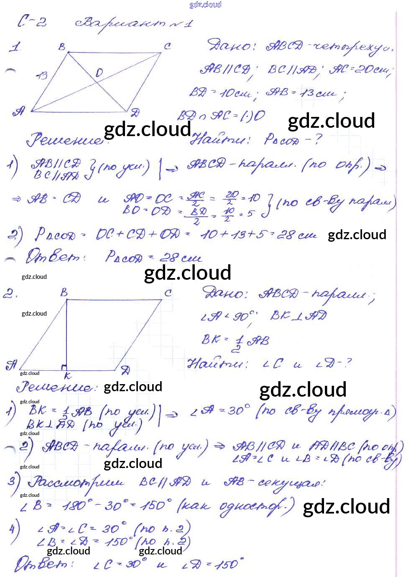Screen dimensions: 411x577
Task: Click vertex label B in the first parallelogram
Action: (x=62, y=47)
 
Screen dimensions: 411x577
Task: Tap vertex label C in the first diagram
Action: (x=167, y=46)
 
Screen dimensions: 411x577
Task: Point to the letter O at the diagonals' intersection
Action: (x=99, y=73)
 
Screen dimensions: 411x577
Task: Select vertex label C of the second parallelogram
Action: (x=168, y=293)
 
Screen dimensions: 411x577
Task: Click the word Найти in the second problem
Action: (x=217, y=364)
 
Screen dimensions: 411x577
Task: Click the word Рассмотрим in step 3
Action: (x=76, y=483)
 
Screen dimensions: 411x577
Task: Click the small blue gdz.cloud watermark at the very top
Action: (x=205, y=5)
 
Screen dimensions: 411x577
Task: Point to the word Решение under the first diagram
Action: (x=64, y=140)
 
